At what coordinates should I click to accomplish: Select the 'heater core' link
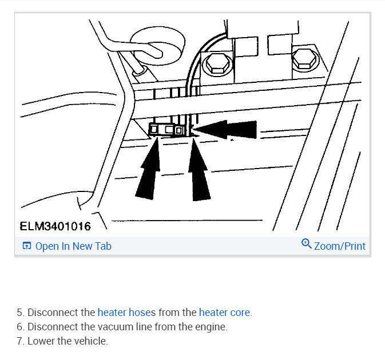(x=224, y=313)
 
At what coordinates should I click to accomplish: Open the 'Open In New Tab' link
(x=73, y=246)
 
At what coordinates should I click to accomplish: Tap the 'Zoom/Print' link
(x=339, y=246)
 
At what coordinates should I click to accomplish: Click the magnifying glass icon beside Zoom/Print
(x=306, y=245)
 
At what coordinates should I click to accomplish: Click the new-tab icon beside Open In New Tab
(x=26, y=246)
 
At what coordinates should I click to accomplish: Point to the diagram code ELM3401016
(x=55, y=227)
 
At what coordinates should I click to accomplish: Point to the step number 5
(x=20, y=313)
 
